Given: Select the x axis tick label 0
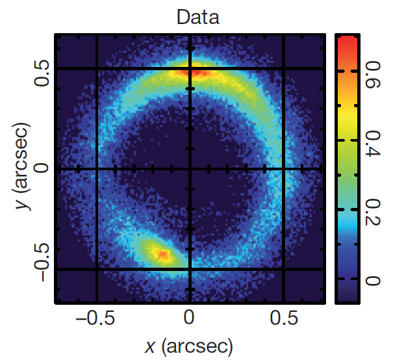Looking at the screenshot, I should [190, 319].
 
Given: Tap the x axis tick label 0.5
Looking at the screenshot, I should [284, 319].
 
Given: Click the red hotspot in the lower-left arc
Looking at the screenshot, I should [162, 255].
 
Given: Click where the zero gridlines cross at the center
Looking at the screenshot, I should [190, 168].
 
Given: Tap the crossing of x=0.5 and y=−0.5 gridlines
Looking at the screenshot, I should [284, 268].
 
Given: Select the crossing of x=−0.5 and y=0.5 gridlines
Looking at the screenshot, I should [97, 68].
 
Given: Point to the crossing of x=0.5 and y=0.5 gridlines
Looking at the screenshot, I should [284, 68].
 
